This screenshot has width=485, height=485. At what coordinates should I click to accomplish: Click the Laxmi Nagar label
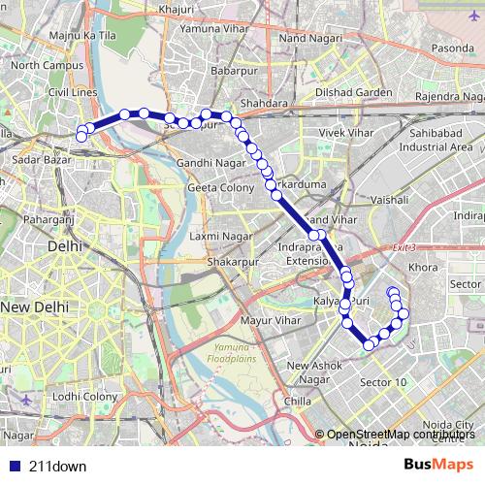tap(221, 236)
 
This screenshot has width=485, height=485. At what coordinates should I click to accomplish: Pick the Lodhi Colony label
tap(85, 396)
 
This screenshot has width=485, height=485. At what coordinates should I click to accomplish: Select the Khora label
tap(424, 266)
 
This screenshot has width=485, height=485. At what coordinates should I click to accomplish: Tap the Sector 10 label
tap(383, 382)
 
